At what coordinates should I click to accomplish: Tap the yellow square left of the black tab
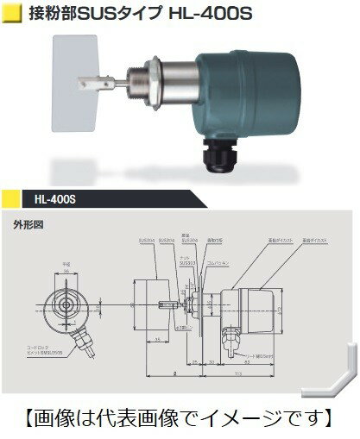pos(13,199)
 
